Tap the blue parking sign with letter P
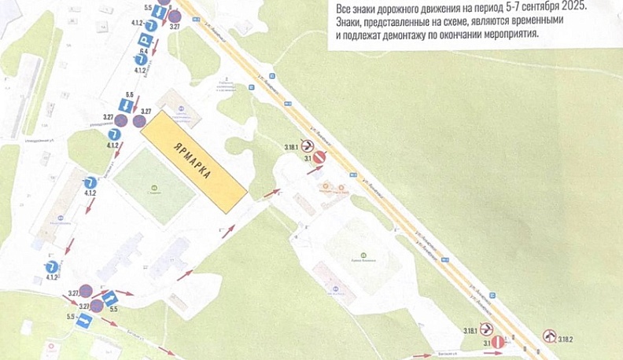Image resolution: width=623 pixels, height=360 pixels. (146, 39)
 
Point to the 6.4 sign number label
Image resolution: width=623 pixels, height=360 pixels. (144, 52)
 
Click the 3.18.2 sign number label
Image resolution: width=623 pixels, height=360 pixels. (564, 340)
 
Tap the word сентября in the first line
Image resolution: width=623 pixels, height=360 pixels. (554, 6)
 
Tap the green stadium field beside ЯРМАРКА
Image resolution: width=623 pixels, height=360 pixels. (154, 182)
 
